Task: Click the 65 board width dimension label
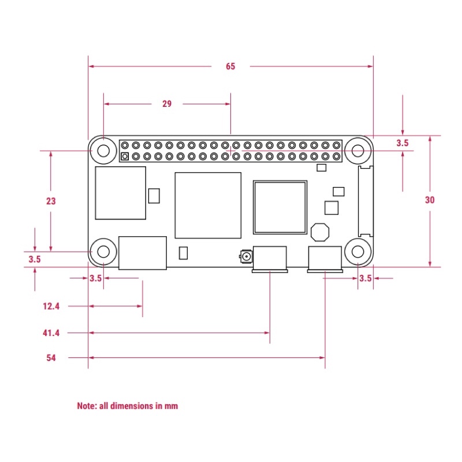[x=230, y=66]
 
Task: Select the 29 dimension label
[x=167, y=104]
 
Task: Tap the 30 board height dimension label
[x=430, y=200]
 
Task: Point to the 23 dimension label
[x=51, y=201]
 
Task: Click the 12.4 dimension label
[x=51, y=306]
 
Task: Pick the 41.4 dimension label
[x=51, y=333]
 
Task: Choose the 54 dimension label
[x=51, y=357]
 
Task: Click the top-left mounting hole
[x=103, y=151]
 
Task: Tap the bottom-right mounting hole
[x=357, y=252]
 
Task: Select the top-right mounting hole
[x=357, y=151]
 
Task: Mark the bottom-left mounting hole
[x=103, y=252]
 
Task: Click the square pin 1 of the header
[x=125, y=157]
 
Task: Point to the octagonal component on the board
[x=320, y=232]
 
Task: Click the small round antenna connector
[x=247, y=256]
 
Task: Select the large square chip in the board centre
[x=208, y=206]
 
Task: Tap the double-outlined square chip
[x=280, y=207]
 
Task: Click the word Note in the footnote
[x=87, y=406]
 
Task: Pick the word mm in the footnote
[x=171, y=407]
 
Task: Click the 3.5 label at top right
[x=402, y=143]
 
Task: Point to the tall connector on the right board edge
[x=366, y=201]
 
